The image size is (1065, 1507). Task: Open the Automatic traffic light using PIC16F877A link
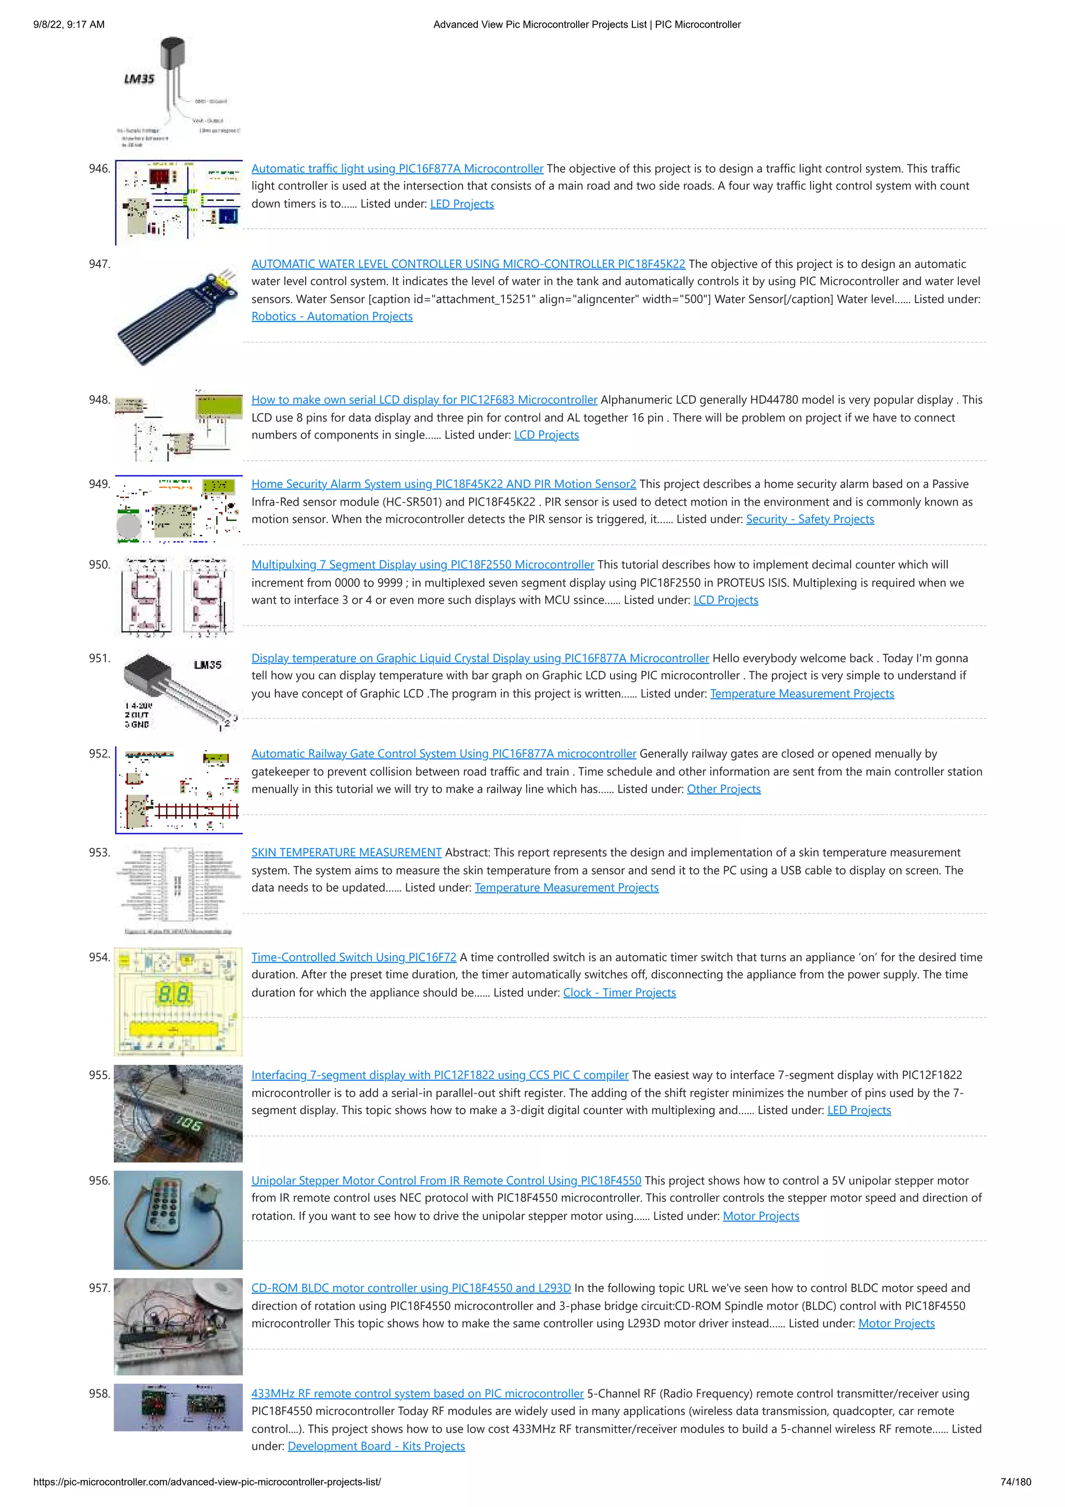(397, 169)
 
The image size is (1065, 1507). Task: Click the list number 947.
(99, 264)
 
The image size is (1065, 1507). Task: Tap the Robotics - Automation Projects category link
(332, 316)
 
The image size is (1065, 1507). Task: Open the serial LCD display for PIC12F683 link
(424, 400)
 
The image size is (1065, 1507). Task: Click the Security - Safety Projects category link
(810, 519)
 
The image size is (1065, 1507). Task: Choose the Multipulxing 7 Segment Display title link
(423, 564)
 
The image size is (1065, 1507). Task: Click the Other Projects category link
(723, 789)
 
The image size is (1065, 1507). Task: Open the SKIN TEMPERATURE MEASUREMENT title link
(346, 853)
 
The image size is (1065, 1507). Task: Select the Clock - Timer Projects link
(619, 993)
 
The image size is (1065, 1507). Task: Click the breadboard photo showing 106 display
(178, 1113)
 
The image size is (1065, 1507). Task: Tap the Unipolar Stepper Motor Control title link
(446, 1180)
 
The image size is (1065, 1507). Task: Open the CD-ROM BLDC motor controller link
(411, 1288)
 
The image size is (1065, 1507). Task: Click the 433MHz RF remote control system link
(418, 1394)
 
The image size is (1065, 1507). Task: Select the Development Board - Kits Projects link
(376, 1446)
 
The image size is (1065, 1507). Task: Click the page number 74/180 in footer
(1015, 1482)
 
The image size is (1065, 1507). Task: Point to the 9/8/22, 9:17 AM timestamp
(69, 24)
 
